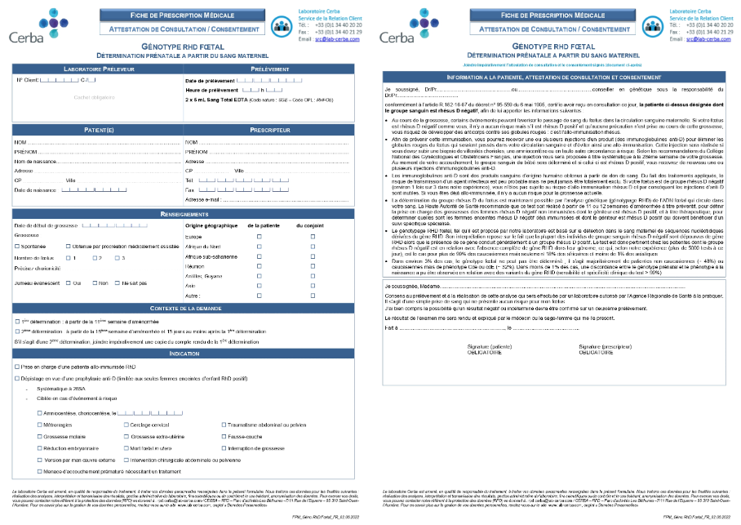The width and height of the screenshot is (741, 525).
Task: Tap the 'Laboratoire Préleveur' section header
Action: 98,69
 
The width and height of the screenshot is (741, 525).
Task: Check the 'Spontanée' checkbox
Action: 18,245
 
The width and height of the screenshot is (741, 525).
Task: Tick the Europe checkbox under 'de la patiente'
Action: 259,236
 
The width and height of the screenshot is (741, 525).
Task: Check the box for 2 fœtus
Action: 95,258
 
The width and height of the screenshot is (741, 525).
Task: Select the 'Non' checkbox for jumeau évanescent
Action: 94,283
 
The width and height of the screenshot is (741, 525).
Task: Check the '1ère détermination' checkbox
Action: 18,322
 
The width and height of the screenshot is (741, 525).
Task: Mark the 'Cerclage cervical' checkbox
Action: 126,425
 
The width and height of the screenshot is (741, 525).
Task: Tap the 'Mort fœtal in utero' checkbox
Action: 126,448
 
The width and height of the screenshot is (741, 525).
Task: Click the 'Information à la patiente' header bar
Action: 553,76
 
